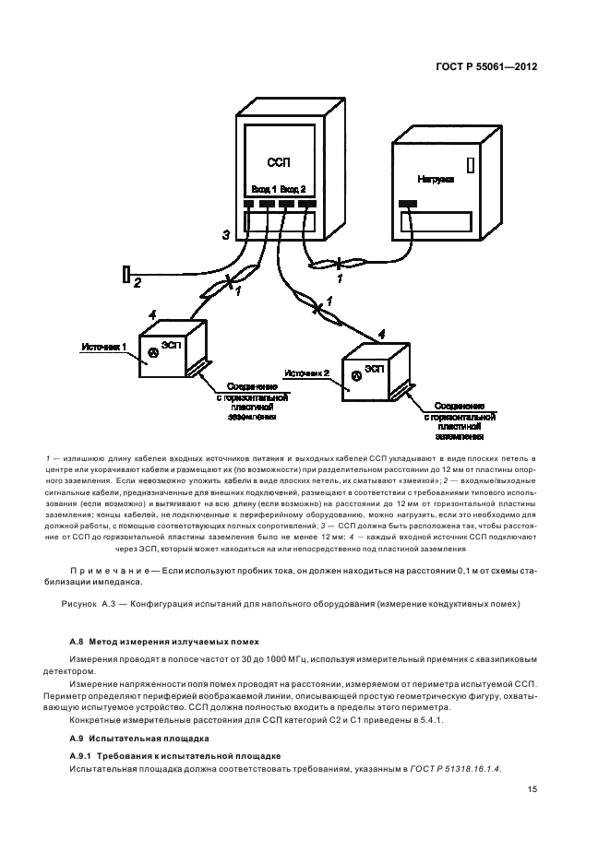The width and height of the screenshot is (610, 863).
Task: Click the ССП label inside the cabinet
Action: (278, 162)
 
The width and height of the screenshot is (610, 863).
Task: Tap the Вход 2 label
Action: (293, 189)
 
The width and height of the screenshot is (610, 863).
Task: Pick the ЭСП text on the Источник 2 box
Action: (374, 367)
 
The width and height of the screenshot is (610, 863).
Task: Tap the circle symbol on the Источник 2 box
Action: (355, 377)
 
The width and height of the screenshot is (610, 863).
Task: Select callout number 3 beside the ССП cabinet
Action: (225, 235)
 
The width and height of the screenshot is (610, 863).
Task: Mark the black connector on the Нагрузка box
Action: (407, 203)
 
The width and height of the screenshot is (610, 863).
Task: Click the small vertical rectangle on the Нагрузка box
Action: (471, 166)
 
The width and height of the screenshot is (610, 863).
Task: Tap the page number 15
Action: (533, 789)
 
